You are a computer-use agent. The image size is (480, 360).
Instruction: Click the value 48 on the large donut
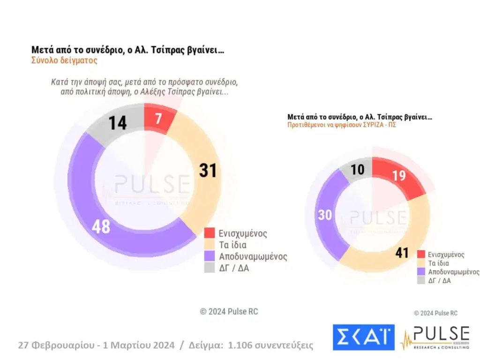(101, 226)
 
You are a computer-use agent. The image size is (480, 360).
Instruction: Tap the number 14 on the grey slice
(118, 123)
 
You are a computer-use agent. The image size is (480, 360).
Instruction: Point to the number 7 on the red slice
(158, 119)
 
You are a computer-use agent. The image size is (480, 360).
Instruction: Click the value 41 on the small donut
(402, 253)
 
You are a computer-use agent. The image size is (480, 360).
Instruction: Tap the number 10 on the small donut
(358, 170)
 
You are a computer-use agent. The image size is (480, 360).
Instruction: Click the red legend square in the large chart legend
(210, 233)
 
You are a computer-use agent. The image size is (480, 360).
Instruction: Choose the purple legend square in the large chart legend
(210, 256)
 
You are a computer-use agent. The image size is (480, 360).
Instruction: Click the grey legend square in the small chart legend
(421, 280)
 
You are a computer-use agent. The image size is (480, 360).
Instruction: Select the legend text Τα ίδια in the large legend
(233, 245)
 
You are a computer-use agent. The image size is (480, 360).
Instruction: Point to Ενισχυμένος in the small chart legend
(445, 255)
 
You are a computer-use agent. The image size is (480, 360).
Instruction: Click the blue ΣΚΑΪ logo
(363, 337)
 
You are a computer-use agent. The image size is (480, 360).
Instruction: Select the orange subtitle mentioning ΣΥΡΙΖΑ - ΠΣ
(342, 126)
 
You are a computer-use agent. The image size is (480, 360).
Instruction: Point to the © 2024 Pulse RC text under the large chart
(229, 312)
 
